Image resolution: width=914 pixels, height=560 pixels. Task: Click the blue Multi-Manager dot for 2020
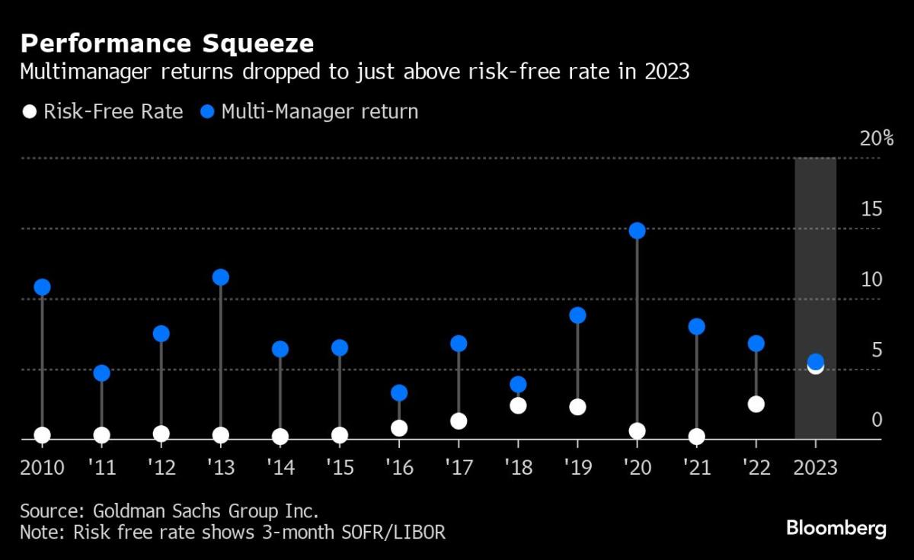tap(638, 231)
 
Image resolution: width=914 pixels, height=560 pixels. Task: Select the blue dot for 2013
tap(221, 277)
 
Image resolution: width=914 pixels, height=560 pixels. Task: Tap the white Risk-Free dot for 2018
tap(518, 405)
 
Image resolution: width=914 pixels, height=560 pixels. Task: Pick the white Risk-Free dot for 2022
tap(756, 404)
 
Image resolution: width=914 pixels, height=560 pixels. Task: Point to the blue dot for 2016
tap(399, 393)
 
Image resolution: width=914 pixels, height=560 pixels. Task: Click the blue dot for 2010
tap(42, 287)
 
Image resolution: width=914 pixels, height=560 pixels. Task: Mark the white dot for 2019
tap(577, 407)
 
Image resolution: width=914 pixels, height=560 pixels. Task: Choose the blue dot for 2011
tap(102, 373)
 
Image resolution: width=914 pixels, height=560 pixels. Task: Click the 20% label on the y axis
tap(876, 139)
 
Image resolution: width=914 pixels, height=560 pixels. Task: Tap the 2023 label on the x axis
tap(815, 467)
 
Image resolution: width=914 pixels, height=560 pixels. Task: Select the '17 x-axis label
tap(459, 467)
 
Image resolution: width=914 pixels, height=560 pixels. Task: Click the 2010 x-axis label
tap(42, 467)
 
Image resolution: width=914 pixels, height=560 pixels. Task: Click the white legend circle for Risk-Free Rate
tap(29, 112)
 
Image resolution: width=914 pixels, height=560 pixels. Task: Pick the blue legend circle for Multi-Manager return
tap(206, 112)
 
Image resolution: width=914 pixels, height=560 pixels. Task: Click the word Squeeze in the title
tap(260, 43)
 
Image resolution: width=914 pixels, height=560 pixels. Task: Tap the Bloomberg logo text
tap(836, 528)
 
